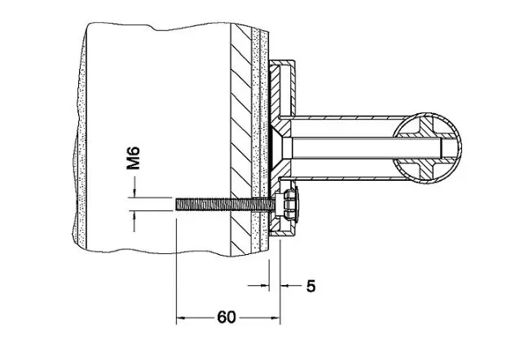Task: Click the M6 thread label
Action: [x=134, y=158]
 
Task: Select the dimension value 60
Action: [x=227, y=317]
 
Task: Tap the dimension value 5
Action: [x=311, y=286]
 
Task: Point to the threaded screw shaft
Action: [x=226, y=204]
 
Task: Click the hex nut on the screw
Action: [x=287, y=204]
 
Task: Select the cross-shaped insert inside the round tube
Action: [x=427, y=147]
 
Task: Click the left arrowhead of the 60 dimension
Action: [x=181, y=318]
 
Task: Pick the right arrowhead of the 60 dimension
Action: [x=275, y=318]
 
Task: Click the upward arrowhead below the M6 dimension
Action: [x=134, y=215]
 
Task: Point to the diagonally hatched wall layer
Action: [x=241, y=140]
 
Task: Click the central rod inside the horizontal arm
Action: [x=365, y=147]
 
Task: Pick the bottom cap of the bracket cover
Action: [x=282, y=233]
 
